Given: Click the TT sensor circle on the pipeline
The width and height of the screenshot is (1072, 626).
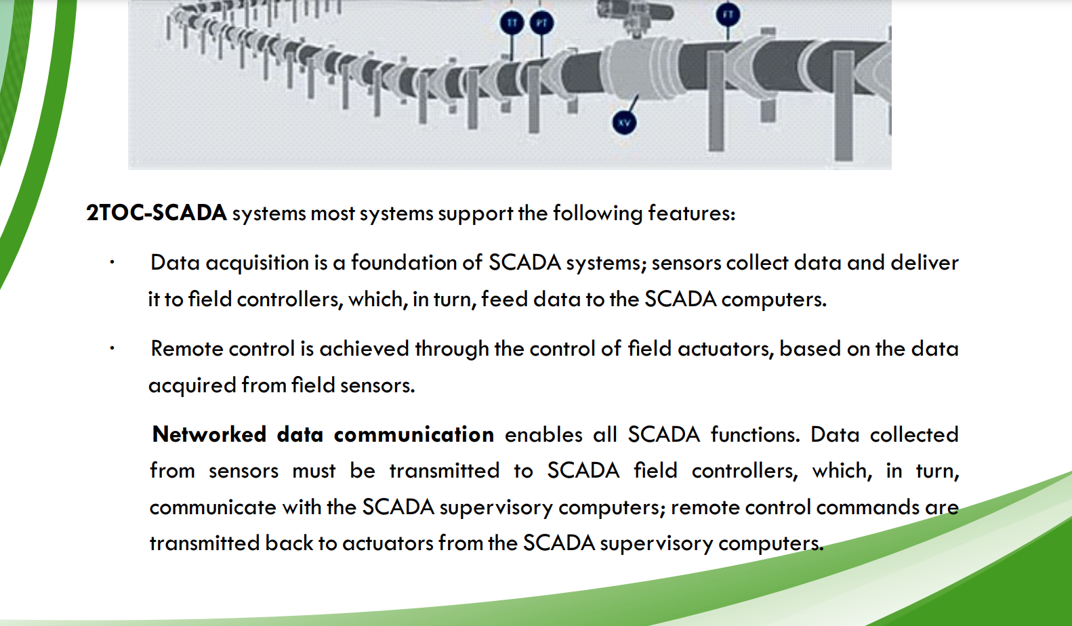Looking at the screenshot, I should click(x=512, y=23).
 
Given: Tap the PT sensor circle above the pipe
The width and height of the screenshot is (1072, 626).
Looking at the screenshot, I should click(x=541, y=23).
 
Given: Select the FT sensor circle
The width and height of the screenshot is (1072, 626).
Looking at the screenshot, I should click(x=728, y=14).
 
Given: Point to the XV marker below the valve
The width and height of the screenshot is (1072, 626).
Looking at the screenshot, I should click(x=624, y=123).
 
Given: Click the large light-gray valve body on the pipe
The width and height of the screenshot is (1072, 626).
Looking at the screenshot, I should click(x=633, y=68).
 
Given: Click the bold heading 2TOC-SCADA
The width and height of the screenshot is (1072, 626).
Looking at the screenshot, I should click(x=157, y=213).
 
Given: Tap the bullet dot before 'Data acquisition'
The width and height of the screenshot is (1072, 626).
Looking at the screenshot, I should click(x=112, y=263).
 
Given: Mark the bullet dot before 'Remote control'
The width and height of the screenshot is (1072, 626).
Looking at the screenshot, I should click(x=112, y=349).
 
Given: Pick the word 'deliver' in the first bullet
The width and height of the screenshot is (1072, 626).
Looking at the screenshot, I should click(x=924, y=263).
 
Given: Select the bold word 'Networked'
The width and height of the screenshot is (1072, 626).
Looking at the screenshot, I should click(x=209, y=434).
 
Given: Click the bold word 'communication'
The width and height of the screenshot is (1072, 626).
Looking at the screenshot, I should click(x=413, y=434).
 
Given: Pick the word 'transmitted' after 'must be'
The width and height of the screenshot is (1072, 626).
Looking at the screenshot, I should click(x=444, y=471).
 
